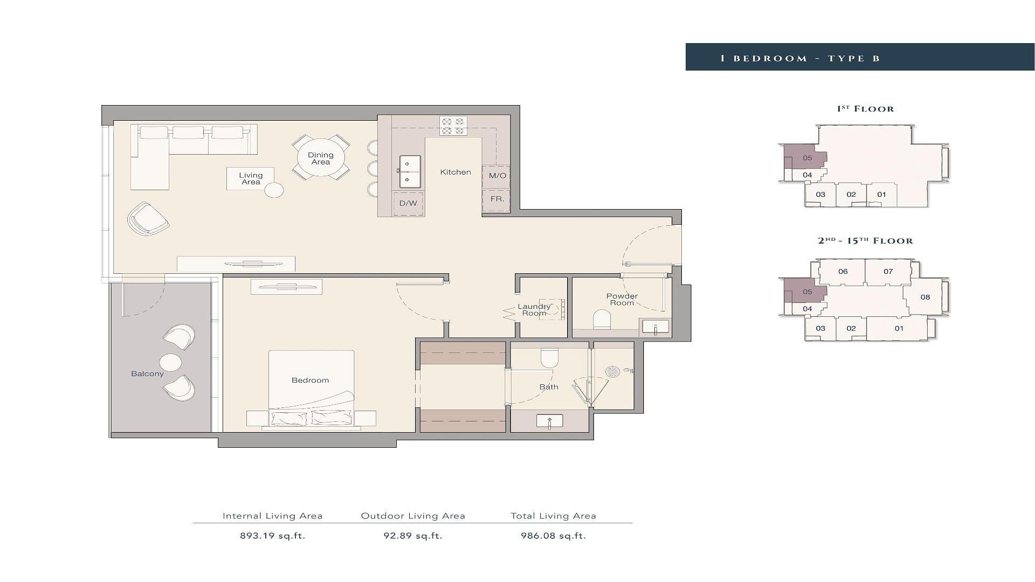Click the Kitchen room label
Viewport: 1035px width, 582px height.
[456, 172]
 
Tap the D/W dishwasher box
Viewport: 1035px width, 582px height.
[408, 203]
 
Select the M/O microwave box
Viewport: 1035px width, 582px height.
[496, 176]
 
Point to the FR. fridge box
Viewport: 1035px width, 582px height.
[496, 199]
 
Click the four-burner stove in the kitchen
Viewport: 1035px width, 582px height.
[453, 126]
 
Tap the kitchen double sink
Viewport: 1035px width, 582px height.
[410, 172]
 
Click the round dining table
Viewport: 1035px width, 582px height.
[321, 158]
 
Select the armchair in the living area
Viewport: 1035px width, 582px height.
[148, 219]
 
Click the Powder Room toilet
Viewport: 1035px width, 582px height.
[602, 320]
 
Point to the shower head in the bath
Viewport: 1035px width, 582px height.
[612, 371]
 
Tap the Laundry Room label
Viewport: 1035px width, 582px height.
[534, 310]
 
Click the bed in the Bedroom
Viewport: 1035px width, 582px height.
[312, 390]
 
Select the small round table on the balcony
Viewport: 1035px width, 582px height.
[170, 363]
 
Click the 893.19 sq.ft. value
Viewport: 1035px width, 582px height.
[273, 536]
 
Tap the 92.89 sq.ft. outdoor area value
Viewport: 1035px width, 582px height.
[413, 536]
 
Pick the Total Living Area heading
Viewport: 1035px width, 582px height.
[554, 516]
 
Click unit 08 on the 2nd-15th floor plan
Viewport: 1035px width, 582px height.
[925, 297]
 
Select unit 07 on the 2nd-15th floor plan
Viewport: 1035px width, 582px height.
[888, 272]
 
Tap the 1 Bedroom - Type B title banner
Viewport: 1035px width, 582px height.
[860, 57]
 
